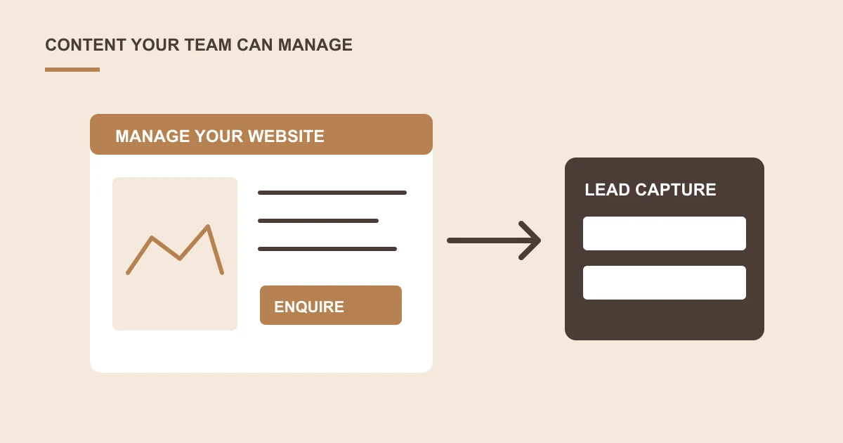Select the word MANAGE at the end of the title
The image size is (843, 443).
[x=315, y=45]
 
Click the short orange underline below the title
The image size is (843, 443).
[x=72, y=70]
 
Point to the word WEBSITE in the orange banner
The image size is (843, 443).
[x=286, y=136]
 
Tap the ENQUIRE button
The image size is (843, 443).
[x=331, y=305]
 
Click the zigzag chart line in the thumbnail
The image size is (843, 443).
[x=180, y=259]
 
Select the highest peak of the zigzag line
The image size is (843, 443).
[x=208, y=226]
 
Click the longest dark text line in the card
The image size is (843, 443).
[x=332, y=193]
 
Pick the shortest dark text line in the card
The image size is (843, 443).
[x=318, y=221]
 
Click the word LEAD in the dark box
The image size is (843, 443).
[x=607, y=189]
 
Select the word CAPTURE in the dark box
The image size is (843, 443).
[x=676, y=189]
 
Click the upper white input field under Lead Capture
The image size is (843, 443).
[x=665, y=233]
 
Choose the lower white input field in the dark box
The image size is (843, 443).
[x=665, y=283]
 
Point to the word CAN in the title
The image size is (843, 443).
[x=255, y=45]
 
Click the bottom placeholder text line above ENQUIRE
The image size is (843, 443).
[x=327, y=249]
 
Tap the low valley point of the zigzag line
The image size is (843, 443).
[x=180, y=259]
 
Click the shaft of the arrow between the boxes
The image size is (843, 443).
[x=489, y=240]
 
